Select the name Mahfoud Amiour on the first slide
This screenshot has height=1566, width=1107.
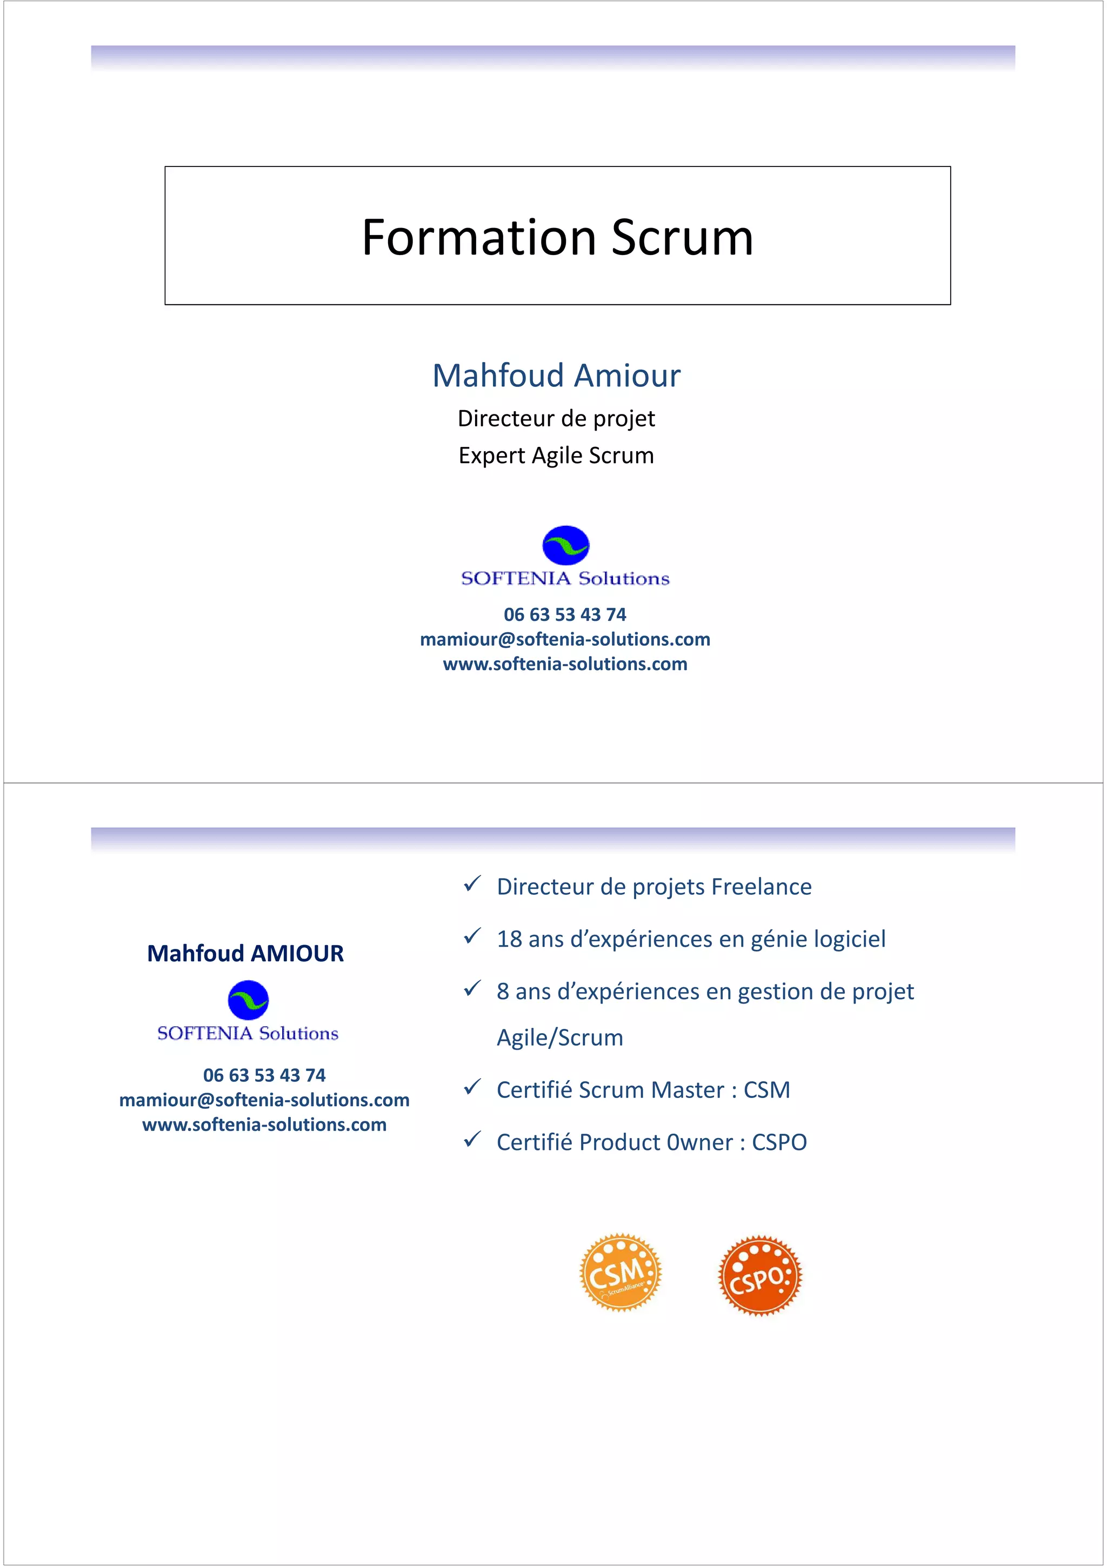coord(557,375)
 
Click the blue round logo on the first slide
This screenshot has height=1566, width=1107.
coord(565,545)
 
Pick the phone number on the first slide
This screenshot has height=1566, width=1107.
coord(565,614)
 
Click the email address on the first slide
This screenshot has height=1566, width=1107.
coord(565,639)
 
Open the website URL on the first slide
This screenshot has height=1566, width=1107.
coord(565,664)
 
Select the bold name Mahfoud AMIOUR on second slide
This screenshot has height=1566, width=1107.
coord(245,953)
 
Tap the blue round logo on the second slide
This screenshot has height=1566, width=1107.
coord(248,1000)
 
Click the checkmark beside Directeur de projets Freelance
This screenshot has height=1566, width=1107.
coord(472,884)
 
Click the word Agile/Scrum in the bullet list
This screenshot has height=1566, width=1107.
coord(559,1038)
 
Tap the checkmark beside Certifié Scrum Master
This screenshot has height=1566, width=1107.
coord(472,1087)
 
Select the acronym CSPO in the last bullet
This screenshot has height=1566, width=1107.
coord(779,1142)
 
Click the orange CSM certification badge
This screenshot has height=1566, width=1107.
coord(620,1272)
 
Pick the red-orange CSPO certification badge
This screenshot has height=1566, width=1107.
coord(760,1275)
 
